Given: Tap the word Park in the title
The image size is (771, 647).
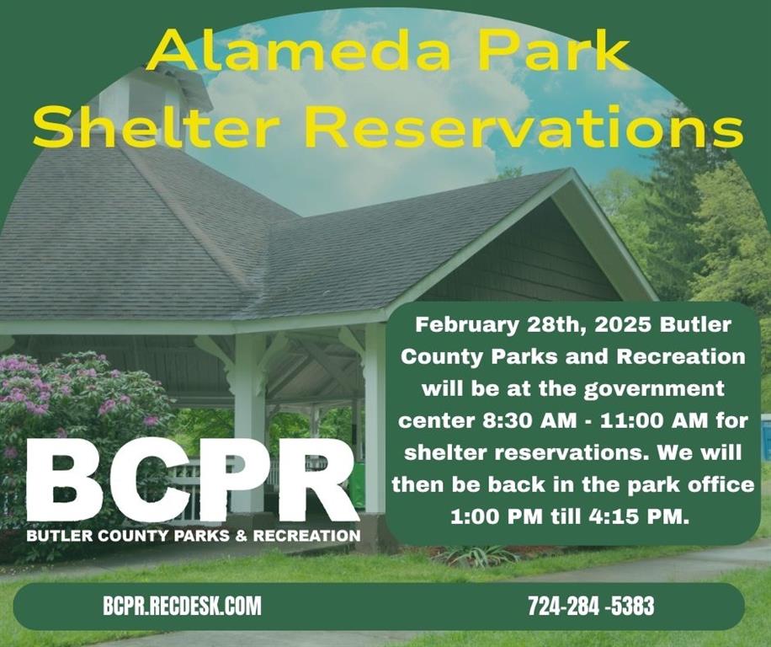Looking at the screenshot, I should pos(556,53).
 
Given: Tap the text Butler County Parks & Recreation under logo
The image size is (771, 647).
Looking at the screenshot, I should pos(193,536).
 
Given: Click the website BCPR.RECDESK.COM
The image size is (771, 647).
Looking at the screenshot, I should pos(182,606).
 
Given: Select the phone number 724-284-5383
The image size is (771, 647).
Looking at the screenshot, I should pos(591,606).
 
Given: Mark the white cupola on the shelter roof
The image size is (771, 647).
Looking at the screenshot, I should pos(143,97).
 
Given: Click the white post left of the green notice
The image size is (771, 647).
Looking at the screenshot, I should pos(374,421).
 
